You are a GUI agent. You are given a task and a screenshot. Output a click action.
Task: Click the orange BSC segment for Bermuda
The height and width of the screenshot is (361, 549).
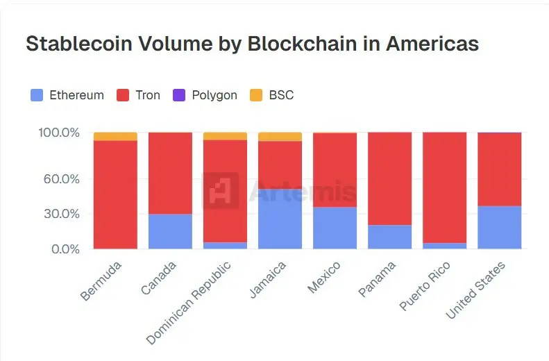[115, 136]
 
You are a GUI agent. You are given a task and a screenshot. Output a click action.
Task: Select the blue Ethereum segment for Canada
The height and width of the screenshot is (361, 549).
[170, 231]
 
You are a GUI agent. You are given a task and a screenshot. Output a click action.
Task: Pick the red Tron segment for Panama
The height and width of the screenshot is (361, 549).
[389, 178]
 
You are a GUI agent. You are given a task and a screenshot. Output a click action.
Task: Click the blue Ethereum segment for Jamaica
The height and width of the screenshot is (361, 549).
[280, 219]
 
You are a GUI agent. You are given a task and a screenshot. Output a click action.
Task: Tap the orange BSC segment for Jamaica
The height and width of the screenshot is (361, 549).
[280, 137]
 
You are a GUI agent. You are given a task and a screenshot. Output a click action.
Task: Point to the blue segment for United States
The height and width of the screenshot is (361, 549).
[499, 227]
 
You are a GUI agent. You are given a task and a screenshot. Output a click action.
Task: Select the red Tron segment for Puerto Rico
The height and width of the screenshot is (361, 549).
[444, 187]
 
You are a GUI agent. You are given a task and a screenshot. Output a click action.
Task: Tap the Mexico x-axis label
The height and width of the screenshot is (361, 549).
[324, 277]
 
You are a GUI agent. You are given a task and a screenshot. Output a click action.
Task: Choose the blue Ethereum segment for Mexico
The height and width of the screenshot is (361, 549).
[335, 228]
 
